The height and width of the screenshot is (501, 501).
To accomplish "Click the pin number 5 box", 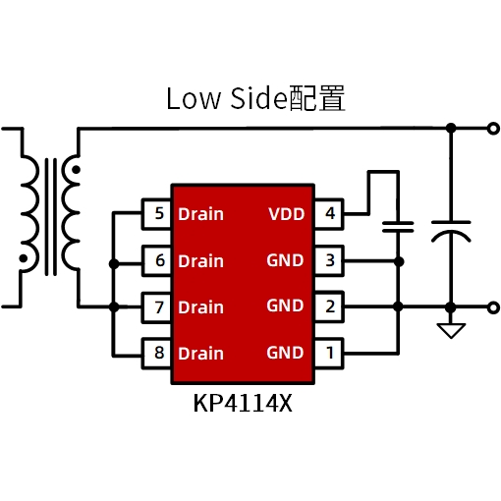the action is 156,213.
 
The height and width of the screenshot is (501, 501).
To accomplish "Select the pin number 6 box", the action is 156,260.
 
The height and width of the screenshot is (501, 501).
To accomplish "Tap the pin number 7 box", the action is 156,307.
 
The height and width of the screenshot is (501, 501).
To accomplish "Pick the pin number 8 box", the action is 156,354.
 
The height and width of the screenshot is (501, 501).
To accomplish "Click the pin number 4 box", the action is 329,213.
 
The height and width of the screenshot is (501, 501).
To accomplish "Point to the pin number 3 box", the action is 329,260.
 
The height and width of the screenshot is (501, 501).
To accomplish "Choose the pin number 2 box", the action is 329,306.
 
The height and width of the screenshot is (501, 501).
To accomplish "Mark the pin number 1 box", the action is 329,354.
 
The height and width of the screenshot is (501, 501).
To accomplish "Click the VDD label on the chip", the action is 287,214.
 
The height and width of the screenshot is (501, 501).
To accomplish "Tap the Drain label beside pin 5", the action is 200,214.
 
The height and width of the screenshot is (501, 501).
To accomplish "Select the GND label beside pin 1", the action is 285,353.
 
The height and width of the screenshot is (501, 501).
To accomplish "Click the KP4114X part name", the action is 243,404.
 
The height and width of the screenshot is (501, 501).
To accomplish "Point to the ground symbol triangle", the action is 451,329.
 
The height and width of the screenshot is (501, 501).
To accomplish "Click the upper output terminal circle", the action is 493,129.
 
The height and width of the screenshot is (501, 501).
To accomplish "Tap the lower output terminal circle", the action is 493,307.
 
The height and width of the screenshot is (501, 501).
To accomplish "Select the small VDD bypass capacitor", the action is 398,227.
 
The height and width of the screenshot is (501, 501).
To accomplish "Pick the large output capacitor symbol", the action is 451,231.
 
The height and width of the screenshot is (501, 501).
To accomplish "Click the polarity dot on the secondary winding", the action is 76,170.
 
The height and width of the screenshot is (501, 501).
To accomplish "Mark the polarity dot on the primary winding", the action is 24,258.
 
